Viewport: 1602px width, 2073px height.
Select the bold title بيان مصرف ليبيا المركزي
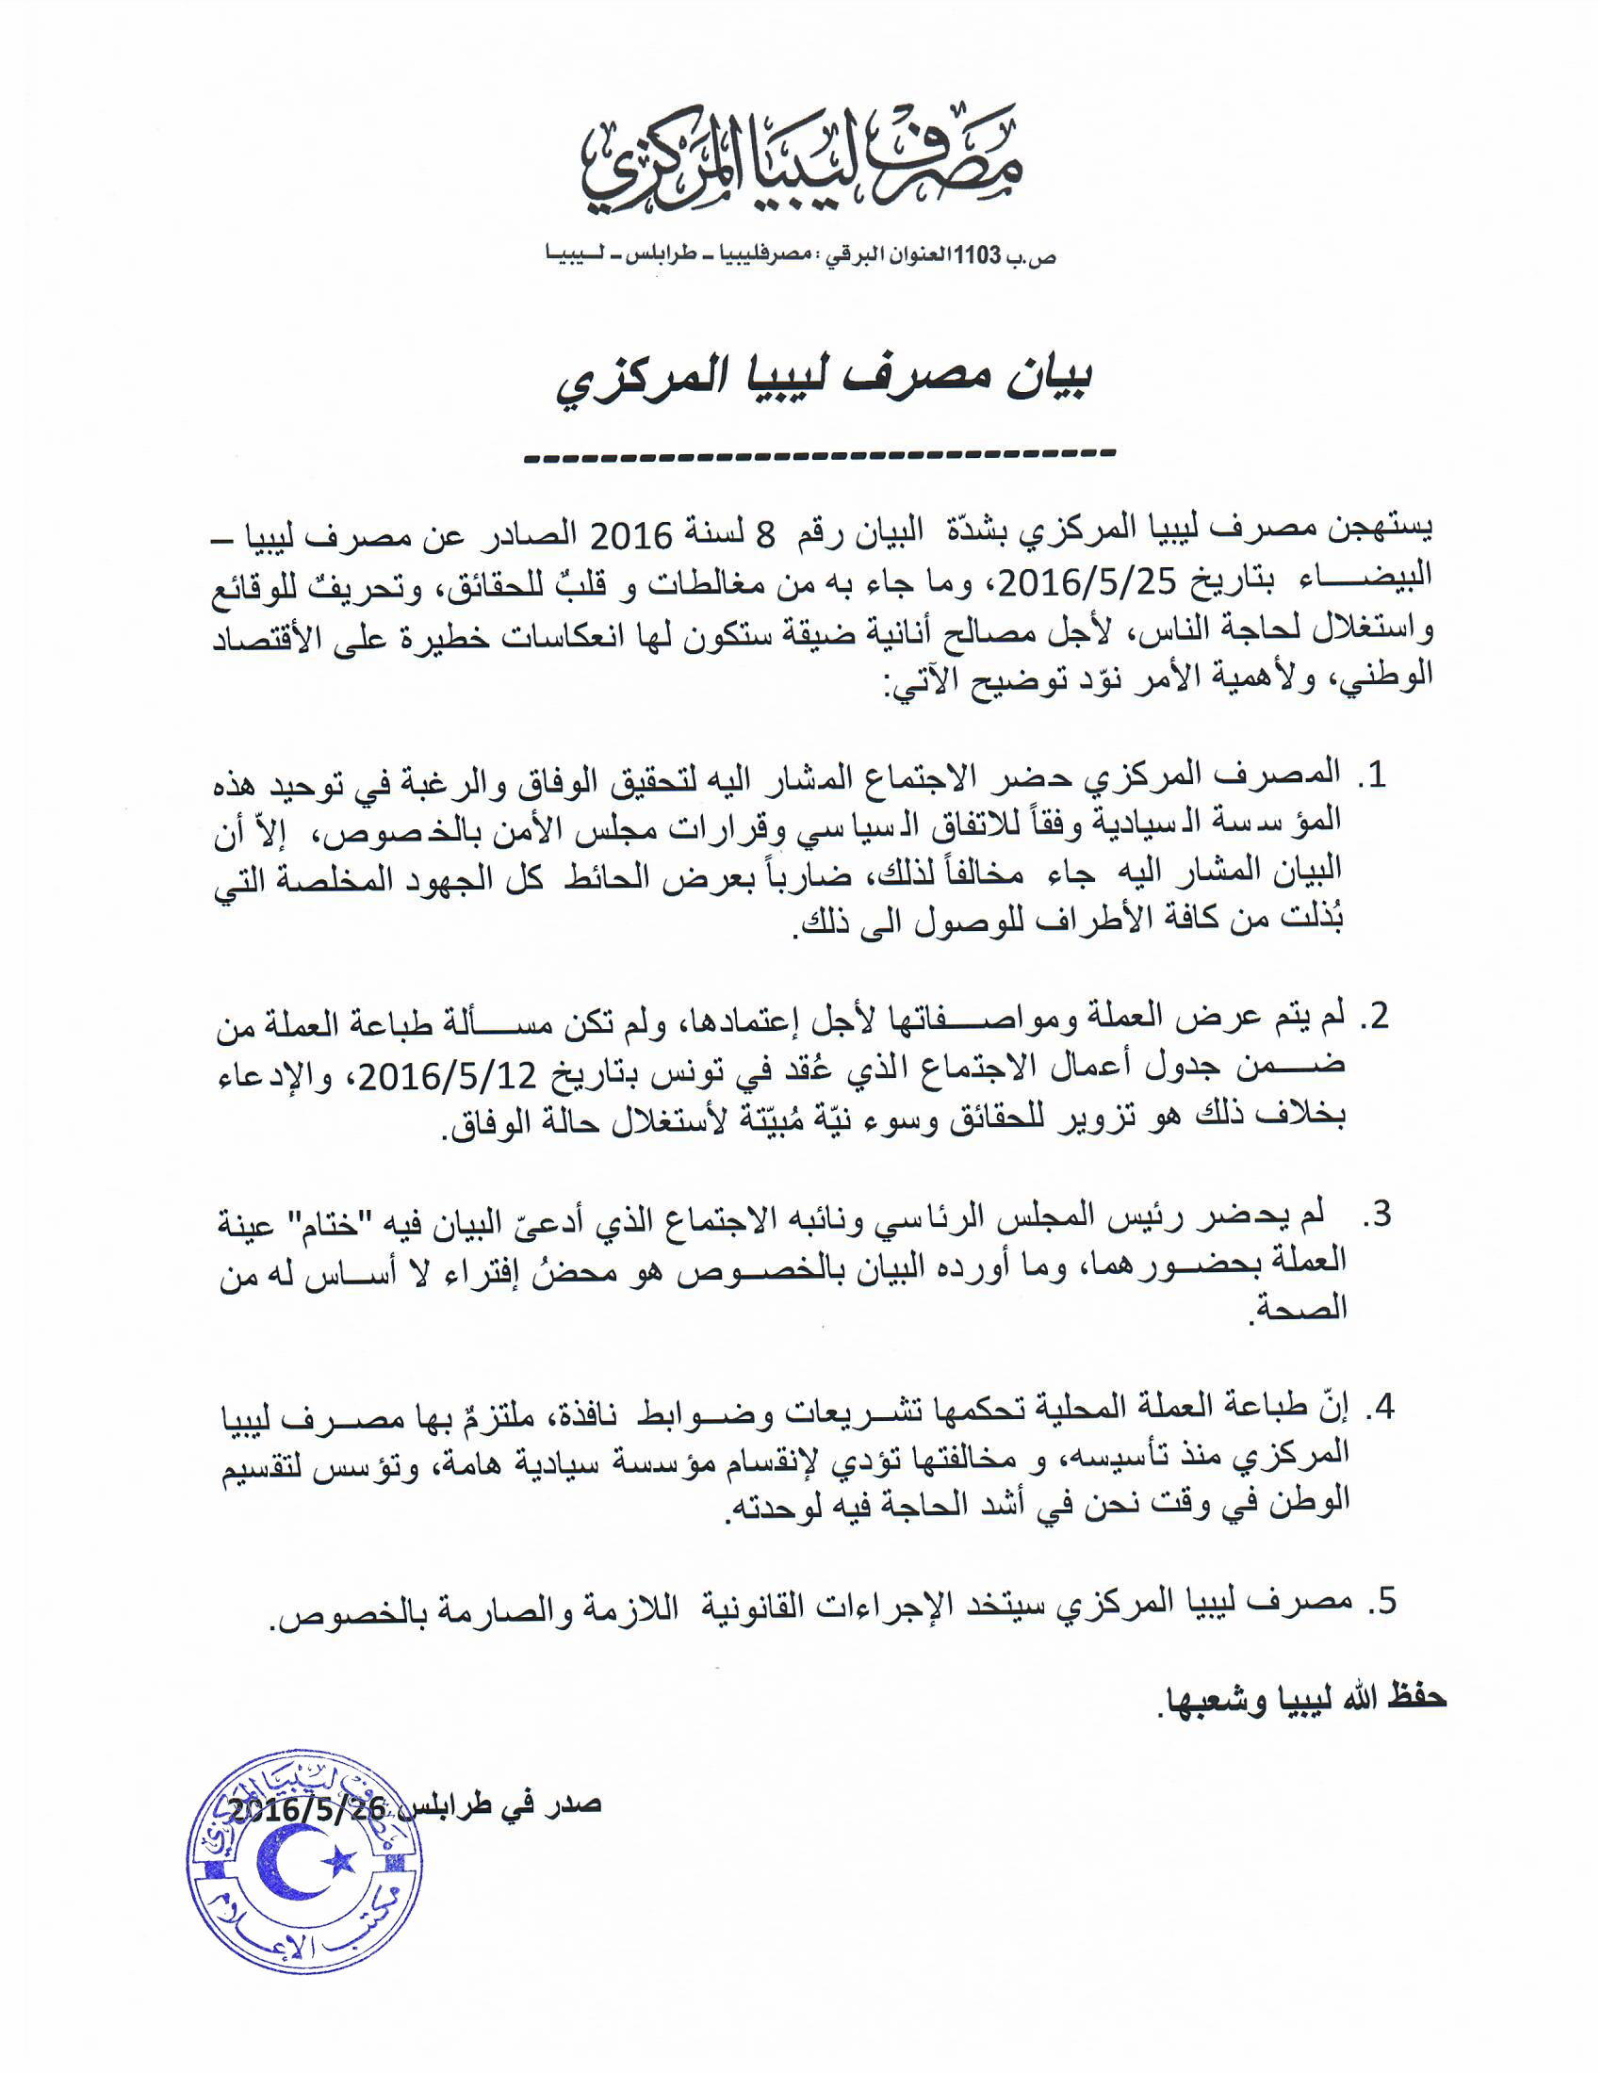(x=823, y=380)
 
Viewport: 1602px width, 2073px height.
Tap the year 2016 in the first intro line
(x=632, y=536)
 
